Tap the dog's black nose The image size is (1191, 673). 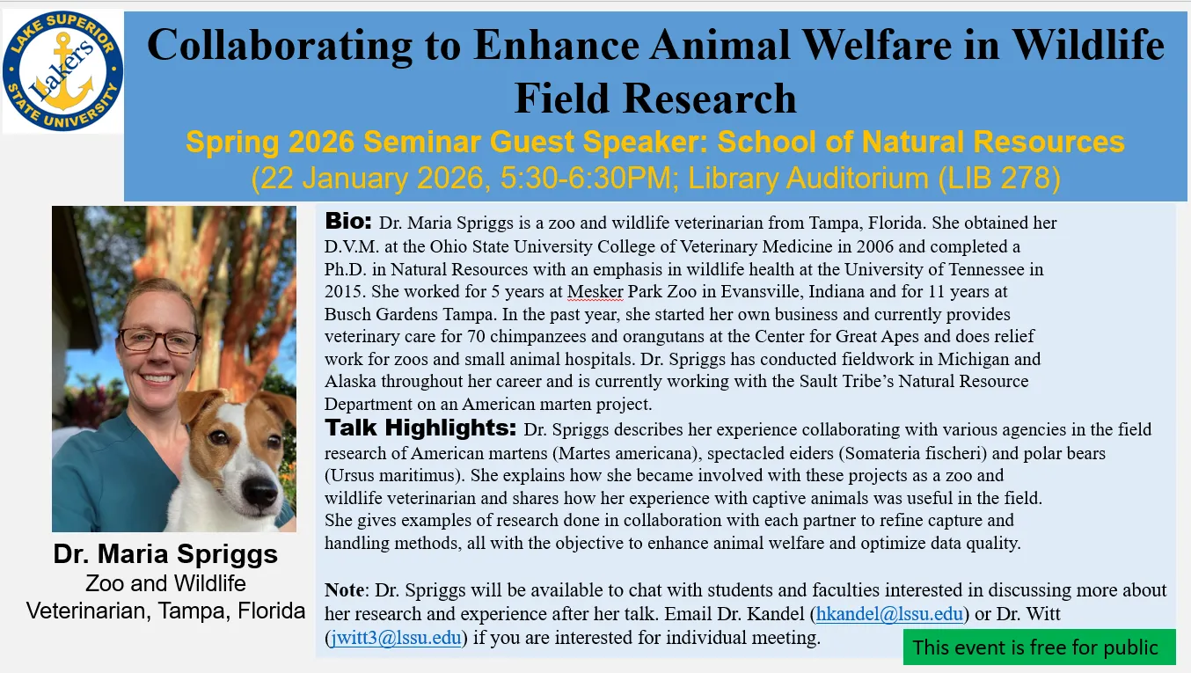[260, 494]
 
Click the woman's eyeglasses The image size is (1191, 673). [158, 340]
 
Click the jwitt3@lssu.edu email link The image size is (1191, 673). [395, 637]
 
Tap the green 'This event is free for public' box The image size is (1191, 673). [1038, 647]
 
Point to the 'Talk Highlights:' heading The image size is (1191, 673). [420, 428]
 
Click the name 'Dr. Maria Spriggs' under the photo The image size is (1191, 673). [165, 554]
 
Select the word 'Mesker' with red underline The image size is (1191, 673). [595, 291]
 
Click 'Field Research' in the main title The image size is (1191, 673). [654, 99]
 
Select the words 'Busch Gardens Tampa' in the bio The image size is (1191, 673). [395, 314]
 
